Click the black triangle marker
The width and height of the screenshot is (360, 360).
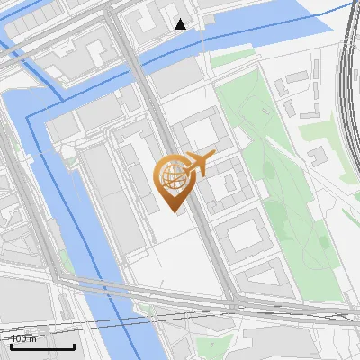tap(181, 23)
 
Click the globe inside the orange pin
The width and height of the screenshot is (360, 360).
tap(171, 175)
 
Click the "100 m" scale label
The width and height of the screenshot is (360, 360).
tap(24, 338)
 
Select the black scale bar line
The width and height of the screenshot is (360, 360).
tap(42, 346)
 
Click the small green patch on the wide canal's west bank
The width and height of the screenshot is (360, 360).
tap(66, 261)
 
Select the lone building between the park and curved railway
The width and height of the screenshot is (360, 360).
tap(317, 158)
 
